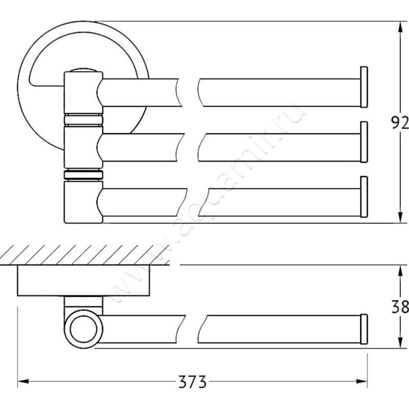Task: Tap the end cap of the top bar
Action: [x=364, y=87]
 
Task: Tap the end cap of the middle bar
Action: [x=364, y=142]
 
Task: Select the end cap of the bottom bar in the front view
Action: [x=364, y=197]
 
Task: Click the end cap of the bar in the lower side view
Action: [x=364, y=329]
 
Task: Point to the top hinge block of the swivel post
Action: [x=83, y=93]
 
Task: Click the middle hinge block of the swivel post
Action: [x=83, y=147]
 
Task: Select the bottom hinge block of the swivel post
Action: [x=83, y=202]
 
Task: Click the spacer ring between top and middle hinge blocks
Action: [x=83, y=120]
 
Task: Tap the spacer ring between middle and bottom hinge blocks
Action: [x=83, y=175]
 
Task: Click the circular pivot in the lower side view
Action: [x=83, y=329]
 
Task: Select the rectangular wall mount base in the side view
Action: [x=83, y=281]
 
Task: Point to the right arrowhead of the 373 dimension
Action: [x=362, y=381]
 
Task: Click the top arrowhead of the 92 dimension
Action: [x=400, y=27]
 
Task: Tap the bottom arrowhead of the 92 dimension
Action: [x=400, y=218]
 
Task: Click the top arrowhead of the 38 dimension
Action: [x=400, y=271]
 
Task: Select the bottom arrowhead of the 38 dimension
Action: [x=400, y=342]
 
